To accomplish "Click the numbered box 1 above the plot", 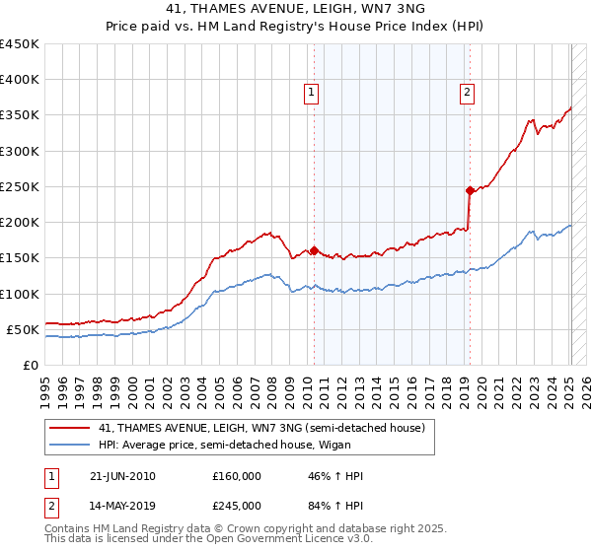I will (311, 93).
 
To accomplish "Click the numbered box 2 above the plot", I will (466, 93).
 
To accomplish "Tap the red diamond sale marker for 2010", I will (314, 250).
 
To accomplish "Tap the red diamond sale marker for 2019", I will (470, 190).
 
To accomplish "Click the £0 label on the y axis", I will (31, 365).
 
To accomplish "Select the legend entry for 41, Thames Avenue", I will (261, 428).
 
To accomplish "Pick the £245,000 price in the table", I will (237, 506).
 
